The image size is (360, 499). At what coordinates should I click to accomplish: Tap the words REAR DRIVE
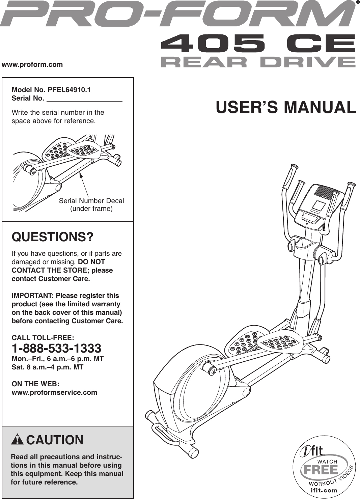(258, 62)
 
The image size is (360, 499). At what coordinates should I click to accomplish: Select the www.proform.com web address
(32, 64)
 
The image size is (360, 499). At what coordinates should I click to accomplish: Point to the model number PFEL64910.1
(69, 90)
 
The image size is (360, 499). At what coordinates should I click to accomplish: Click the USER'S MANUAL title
(286, 107)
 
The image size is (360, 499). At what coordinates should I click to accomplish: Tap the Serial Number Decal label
(91, 201)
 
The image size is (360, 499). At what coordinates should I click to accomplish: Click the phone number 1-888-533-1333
(56, 348)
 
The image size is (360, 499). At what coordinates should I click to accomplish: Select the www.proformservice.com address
(54, 392)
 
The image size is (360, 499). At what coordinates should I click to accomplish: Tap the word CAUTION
(55, 440)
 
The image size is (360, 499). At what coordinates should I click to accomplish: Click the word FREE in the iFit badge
(321, 470)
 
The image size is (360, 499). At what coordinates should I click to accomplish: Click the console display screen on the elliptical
(319, 205)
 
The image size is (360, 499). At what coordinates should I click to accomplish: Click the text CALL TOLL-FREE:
(43, 338)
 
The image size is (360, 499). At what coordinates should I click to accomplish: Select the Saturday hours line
(47, 367)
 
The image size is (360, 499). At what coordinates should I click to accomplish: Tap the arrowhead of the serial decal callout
(81, 174)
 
